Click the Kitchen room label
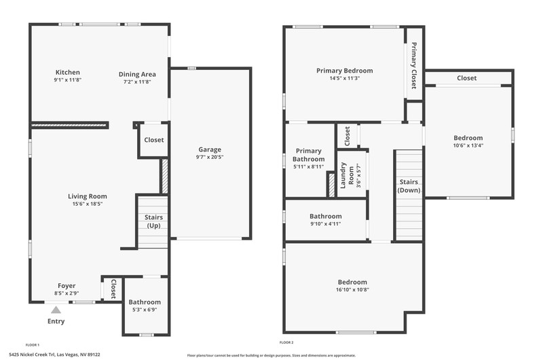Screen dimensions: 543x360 pyautogui.click(x=67, y=73)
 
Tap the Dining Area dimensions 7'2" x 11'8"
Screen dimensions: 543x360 pyautogui.click(x=137, y=82)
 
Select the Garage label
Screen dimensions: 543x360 pyautogui.click(x=210, y=149)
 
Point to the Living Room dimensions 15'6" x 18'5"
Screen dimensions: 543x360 pyautogui.click(x=88, y=204)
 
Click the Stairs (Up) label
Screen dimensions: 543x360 pyautogui.click(x=153, y=221)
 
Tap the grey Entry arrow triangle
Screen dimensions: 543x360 pyautogui.click(x=56, y=310)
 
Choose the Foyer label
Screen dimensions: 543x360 pyautogui.click(x=67, y=286)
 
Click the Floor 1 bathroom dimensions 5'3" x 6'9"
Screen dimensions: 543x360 pyautogui.click(x=145, y=310)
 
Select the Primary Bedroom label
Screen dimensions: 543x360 pyautogui.click(x=345, y=71)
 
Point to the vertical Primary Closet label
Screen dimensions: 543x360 pyautogui.click(x=414, y=65)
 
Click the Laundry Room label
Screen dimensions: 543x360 pyautogui.click(x=347, y=175)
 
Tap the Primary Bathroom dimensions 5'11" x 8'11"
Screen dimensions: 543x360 pyautogui.click(x=308, y=166)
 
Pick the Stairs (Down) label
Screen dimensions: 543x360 pyautogui.click(x=409, y=186)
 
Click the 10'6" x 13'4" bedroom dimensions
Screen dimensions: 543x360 pyautogui.click(x=468, y=145)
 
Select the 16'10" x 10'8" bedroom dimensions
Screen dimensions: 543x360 pyautogui.click(x=352, y=289)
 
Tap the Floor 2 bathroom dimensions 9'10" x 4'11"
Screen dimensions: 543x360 pyautogui.click(x=326, y=224)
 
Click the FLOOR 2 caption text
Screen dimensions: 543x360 pyautogui.click(x=286, y=342)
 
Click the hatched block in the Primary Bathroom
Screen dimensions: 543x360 pyautogui.click(x=331, y=185)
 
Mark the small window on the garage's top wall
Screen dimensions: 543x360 pyautogui.click(x=191, y=68)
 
